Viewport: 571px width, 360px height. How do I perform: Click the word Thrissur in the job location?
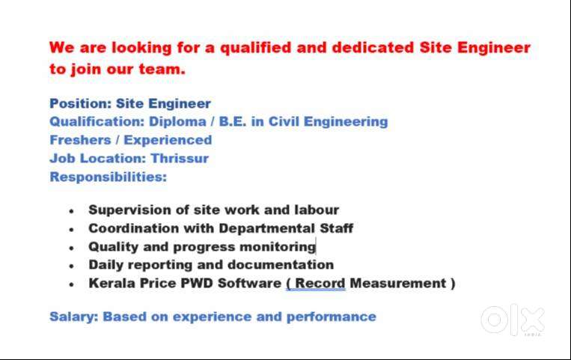click(180, 159)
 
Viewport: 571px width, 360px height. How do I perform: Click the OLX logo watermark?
click(513, 320)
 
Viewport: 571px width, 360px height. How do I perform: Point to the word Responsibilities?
click(108, 177)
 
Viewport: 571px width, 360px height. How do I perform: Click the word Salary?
click(73, 317)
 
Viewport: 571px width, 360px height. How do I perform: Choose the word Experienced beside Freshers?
click(168, 140)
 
